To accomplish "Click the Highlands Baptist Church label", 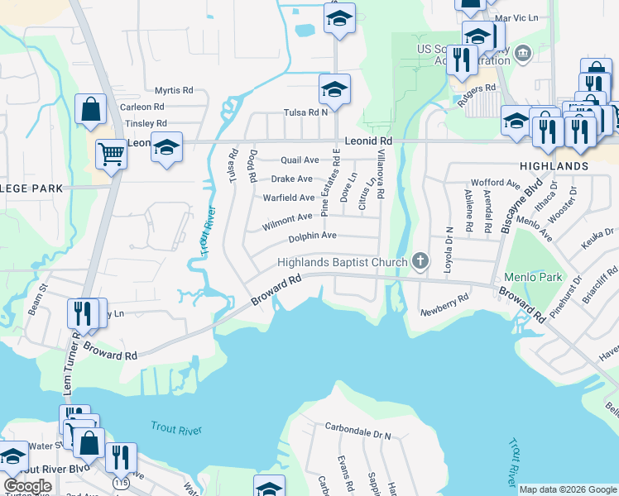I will click(343, 262).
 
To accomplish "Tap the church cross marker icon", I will click(420, 262).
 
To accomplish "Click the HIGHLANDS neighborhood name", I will click(554, 166).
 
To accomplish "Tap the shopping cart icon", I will click(110, 152).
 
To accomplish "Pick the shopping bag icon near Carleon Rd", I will click(90, 109).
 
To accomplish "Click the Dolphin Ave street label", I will click(312, 236).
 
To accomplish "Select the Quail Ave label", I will click(300, 160).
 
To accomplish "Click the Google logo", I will click(27, 485).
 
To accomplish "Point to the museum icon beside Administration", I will click(522, 55).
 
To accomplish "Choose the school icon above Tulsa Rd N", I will click(334, 88).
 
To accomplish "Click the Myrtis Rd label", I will click(174, 91).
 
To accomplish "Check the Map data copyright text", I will click(568, 489).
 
